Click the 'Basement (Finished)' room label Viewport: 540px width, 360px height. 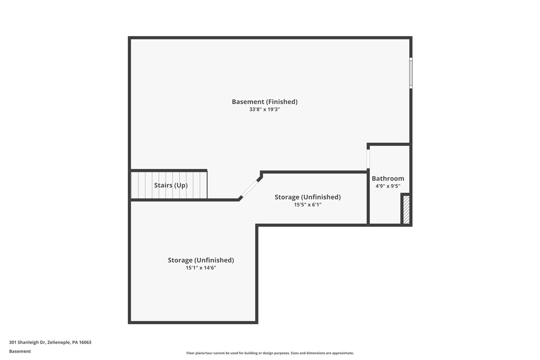265,102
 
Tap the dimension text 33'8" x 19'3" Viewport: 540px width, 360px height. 265,109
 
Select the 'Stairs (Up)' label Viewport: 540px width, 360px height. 171,185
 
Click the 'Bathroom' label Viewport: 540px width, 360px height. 388,179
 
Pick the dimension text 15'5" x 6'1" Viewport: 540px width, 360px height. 307,204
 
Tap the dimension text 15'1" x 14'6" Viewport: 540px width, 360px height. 200,268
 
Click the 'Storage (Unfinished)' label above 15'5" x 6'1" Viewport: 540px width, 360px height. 307,197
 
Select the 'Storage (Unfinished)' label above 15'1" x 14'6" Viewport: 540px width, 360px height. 200,260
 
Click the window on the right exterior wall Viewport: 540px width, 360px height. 411,73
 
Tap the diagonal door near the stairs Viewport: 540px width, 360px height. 250,189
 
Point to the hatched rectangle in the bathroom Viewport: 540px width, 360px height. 406,209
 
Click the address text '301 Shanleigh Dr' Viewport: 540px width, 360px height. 27,342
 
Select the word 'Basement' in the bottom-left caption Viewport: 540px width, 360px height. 20,351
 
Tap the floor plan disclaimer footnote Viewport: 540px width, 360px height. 270,353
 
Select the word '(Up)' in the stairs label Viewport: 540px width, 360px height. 180,185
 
